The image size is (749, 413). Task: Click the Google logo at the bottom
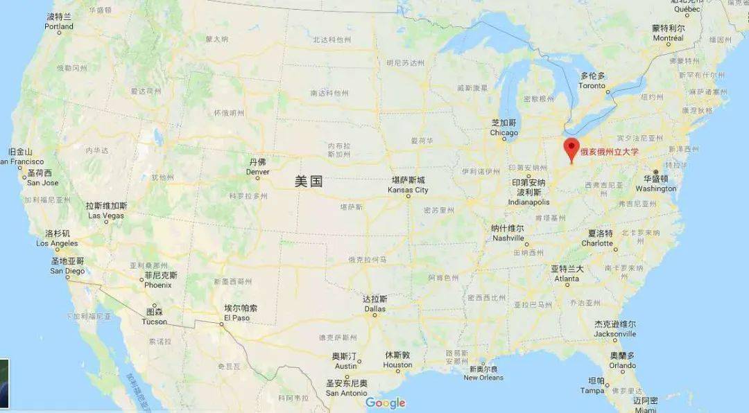[x=385, y=403]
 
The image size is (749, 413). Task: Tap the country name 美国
[x=309, y=182]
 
